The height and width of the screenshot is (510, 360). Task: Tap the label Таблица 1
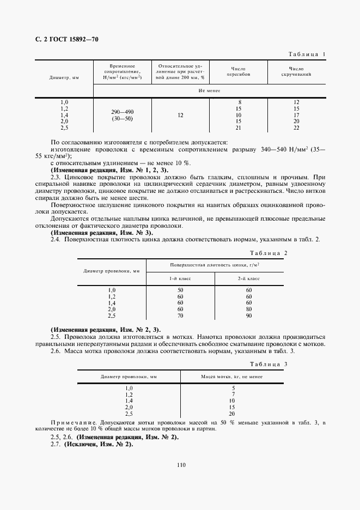[307, 54]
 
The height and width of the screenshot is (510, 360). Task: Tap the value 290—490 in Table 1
[122, 111]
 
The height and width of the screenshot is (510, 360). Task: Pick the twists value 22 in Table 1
[296, 127]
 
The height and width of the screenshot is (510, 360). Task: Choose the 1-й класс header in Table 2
[180, 278]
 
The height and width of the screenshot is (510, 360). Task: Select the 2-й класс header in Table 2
[249, 278]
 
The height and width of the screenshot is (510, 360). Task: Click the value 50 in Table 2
[180, 290]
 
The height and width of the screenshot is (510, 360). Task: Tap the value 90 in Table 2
[249, 315]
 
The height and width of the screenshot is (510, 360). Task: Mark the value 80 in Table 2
[249, 309]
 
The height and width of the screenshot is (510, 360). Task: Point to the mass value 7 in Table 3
[233, 394]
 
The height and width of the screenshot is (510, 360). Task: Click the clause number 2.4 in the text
[56, 239]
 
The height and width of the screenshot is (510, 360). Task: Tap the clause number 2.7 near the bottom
[56, 445]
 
